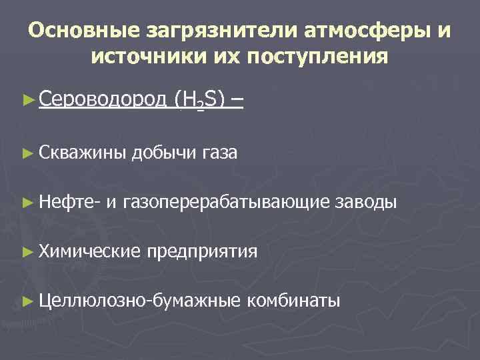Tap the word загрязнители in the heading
[202, 30]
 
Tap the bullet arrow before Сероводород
[27, 100]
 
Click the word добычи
[164, 152]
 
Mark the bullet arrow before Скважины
[27, 152]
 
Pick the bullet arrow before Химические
[27, 251]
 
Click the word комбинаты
[293, 300]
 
